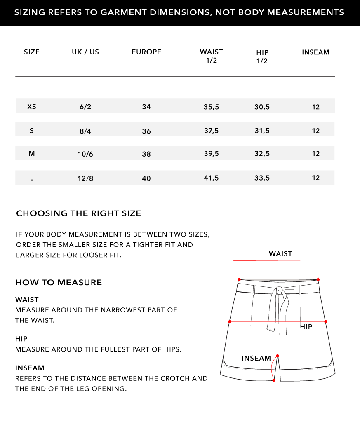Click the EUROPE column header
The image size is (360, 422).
tap(146, 52)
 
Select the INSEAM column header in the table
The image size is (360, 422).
tap(315, 52)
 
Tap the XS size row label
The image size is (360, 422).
tap(32, 107)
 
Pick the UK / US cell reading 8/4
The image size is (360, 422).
tap(85, 131)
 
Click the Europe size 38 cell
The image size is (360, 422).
tap(146, 154)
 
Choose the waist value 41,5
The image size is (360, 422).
tap(211, 178)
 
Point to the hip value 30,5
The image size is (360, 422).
tap(262, 107)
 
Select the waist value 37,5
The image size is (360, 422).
tap(211, 131)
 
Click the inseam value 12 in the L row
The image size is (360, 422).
tap(316, 178)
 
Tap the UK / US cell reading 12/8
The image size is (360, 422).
tap(85, 178)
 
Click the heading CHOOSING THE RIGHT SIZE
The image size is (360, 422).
tap(78, 213)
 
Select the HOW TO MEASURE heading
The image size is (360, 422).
tap(59, 283)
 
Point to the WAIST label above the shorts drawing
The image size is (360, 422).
tap(280, 254)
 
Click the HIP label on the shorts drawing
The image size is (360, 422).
tap(306, 327)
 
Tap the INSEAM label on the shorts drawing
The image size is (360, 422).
tap(256, 358)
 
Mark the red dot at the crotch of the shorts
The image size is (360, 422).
tap(278, 356)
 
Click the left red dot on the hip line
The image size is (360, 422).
tap(230, 321)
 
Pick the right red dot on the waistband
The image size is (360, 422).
tap(318, 279)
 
